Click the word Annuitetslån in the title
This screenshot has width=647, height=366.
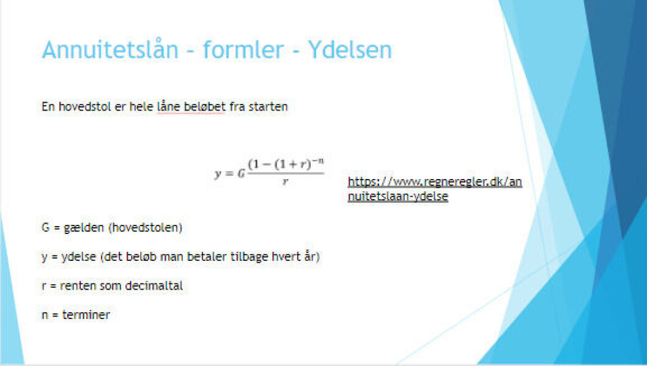coord(110,49)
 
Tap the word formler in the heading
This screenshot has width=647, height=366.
coord(243,49)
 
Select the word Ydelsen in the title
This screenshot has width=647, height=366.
coord(350,49)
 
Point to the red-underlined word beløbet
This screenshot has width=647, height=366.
coord(204,106)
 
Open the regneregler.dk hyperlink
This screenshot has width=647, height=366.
coord(435,189)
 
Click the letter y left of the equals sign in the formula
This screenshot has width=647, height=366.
coord(218,174)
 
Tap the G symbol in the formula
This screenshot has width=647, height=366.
coord(242,174)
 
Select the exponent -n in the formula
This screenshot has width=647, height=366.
coord(318,161)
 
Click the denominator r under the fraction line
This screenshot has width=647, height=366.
coord(285,181)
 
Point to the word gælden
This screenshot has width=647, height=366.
coord(84,227)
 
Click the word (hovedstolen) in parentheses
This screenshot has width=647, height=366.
coord(146,227)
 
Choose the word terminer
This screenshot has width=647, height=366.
coord(86,315)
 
